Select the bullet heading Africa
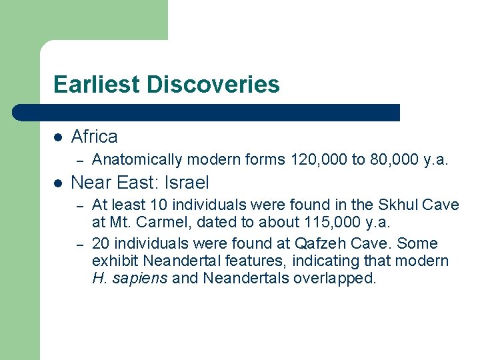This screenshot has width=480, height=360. pos(94,137)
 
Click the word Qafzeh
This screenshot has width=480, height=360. pos(319,243)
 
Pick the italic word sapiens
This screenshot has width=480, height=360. pos(140,278)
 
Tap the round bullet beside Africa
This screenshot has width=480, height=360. pos(58,137)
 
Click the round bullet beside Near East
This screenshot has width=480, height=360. pos(58,183)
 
